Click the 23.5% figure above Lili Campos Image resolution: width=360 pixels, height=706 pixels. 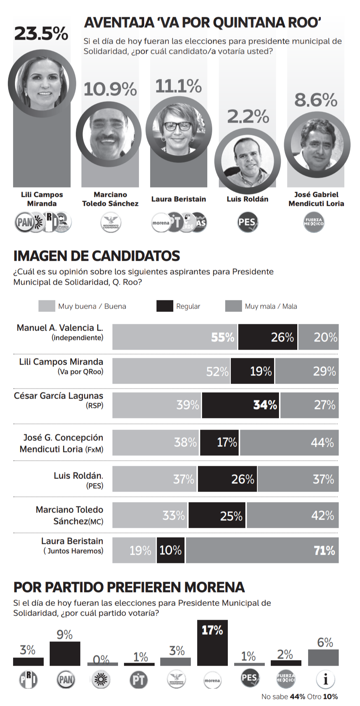click(x=41, y=34)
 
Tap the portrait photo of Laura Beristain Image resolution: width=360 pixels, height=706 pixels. click(x=179, y=129)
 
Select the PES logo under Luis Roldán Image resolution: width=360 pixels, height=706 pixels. click(x=247, y=222)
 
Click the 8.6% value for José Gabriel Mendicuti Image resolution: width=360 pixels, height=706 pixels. click(x=316, y=100)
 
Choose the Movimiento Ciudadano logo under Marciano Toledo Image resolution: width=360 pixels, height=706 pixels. click(x=111, y=223)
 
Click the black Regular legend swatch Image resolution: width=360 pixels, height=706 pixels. click(x=165, y=306)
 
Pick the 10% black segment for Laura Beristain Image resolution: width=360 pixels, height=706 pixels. click(x=171, y=550)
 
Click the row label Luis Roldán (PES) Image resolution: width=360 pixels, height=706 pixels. click(x=78, y=480)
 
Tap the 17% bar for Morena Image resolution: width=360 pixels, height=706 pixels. click(x=212, y=643)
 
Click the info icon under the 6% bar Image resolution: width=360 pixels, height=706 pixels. click(x=325, y=679)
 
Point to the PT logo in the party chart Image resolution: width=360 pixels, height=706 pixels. click(x=139, y=680)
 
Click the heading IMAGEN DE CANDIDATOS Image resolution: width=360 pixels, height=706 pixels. click(x=97, y=256)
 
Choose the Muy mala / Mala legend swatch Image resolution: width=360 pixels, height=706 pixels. click(x=233, y=306)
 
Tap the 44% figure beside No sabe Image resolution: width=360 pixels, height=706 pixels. click(x=298, y=697)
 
